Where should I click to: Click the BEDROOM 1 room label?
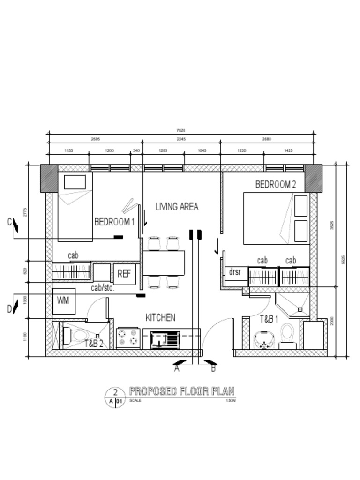(x=114, y=222)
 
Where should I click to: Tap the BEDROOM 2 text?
(x=276, y=185)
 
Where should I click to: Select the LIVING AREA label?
(x=177, y=207)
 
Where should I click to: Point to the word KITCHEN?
(x=160, y=318)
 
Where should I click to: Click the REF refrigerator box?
(x=124, y=274)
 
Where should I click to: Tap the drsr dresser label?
(x=235, y=272)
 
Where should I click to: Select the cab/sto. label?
(x=103, y=288)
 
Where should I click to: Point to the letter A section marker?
(x=177, y=369)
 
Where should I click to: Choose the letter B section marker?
(x=213, y=369)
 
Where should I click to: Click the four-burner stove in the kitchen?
(x=128, y=338)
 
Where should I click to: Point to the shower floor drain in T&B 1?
(x=300, y=309)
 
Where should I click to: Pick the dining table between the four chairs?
(x=164, y=263)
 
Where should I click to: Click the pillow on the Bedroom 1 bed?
(x=75, y=182)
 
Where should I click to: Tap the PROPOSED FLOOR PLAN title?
(x=181, y=391)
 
